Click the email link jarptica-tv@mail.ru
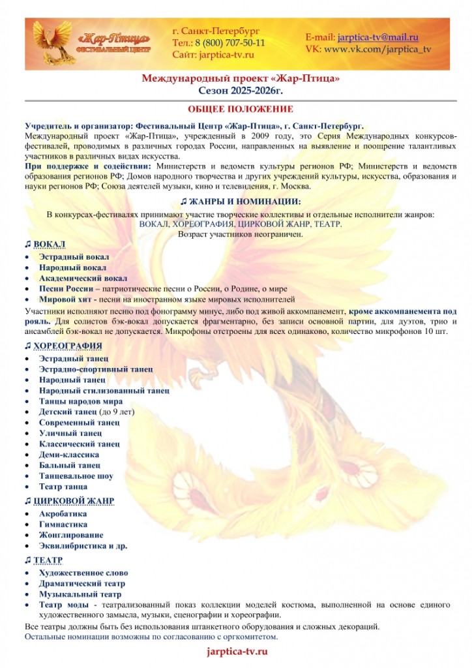(377, 37)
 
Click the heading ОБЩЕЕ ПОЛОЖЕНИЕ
(236, 109)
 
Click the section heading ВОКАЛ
(49, 244)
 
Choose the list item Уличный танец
(70, 433)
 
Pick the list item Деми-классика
(68, 455)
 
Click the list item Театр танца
(66, 487)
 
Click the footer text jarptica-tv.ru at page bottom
(237, 652)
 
